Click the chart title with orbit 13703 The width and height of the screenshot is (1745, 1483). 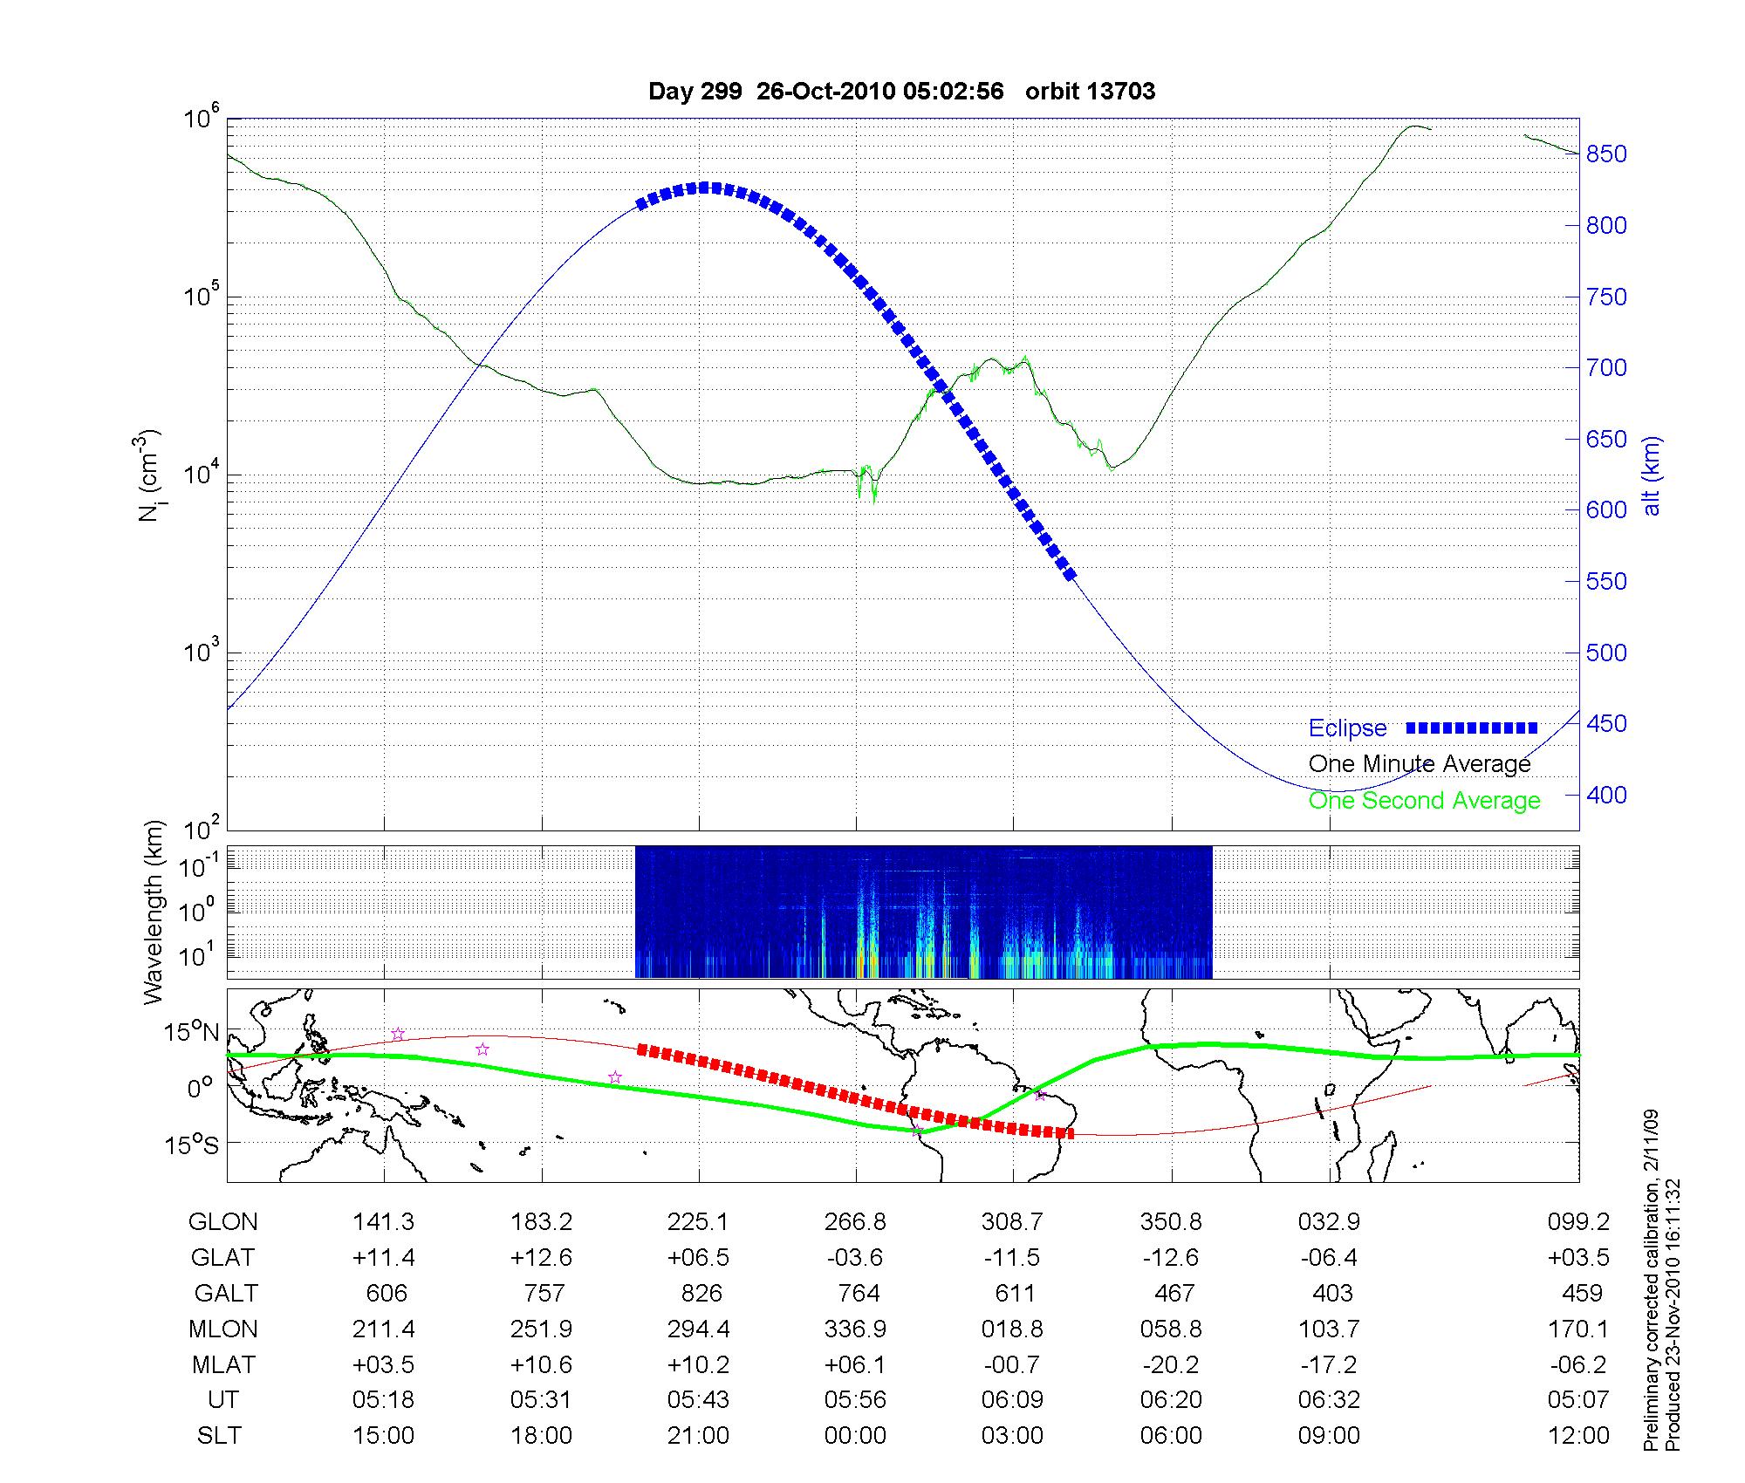pos(901,92)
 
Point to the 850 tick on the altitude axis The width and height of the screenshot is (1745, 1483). pos(1606,154)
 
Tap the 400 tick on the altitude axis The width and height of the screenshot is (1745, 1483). pos(1606,795)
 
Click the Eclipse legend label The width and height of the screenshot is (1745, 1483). pos(1347,728)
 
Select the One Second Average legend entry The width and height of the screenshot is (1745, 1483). pos(1424,801)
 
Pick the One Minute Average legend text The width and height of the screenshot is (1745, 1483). pos(1420,764)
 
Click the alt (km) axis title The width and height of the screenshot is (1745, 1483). pos(1652,475)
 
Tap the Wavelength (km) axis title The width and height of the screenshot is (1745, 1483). pos(154,912)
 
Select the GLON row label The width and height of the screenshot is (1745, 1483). pos(223,1222)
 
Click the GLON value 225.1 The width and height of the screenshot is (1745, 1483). pos(698,1222)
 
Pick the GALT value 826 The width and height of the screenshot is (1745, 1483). pos(701,1293)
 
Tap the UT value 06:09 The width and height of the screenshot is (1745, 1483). pos(1012,1400)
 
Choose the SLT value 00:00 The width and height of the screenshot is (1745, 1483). pos(855,1436)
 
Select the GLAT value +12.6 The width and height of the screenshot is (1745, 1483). pos(541,1258)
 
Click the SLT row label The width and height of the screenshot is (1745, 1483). pos(219,1436)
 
